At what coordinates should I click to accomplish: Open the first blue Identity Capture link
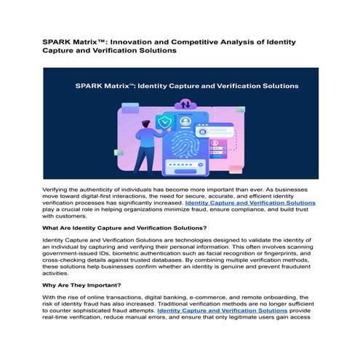[251, 203]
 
